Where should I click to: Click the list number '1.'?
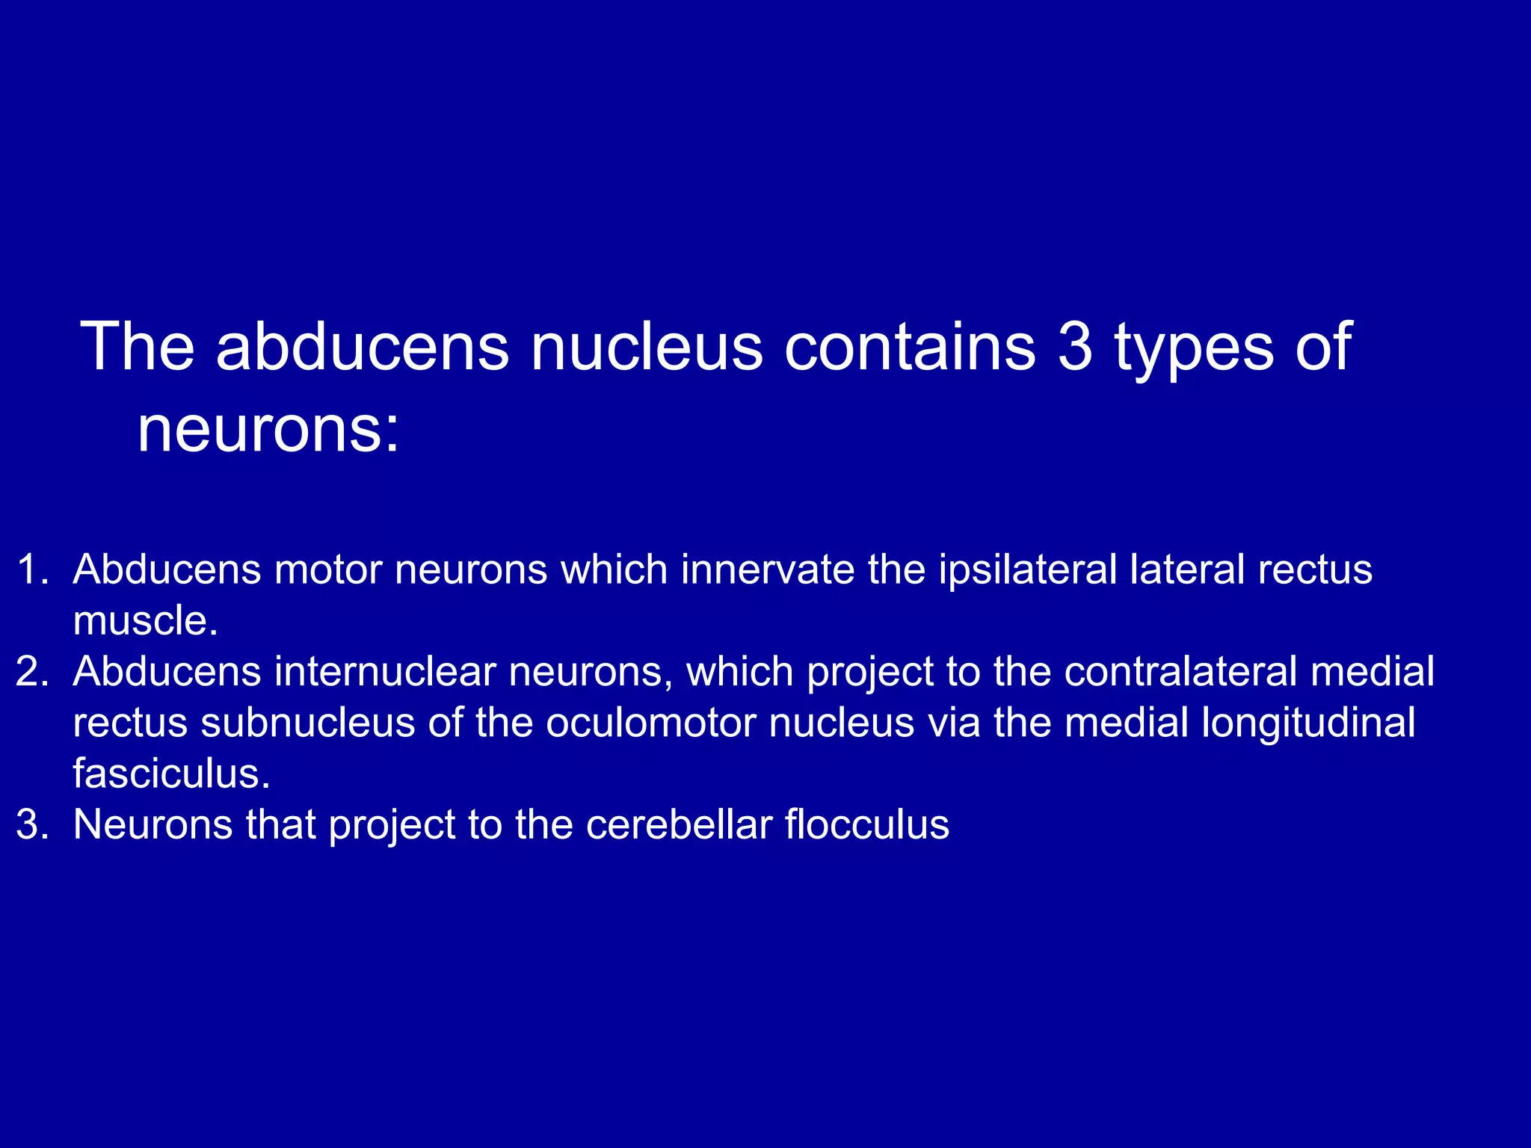[33, 570]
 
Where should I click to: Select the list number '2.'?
[33, 671]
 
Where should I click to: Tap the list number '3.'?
[33, 824]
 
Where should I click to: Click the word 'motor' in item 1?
[328, 570]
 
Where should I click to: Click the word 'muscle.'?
[145, 620]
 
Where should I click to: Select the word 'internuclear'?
[385, 671]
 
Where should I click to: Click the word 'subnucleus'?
[307, 723]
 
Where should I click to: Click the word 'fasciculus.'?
[171, 774]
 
